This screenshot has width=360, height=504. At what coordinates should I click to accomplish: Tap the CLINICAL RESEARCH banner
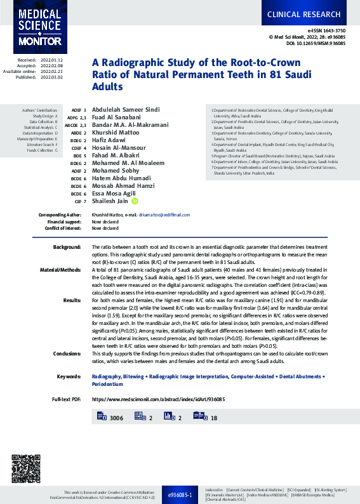click(310, 13)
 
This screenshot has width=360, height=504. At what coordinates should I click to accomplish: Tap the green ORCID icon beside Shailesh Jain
click(135, 201)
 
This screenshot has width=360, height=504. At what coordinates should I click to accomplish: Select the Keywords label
click(69, 376)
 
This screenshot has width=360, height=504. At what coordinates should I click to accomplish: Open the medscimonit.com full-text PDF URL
click(159, 400)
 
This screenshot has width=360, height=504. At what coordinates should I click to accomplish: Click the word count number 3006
click(116, 418)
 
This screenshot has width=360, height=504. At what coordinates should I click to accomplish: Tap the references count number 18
click(214, 418)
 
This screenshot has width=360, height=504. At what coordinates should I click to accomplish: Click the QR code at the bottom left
click(26, 468)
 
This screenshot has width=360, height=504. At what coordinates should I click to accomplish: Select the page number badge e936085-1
click(180, 494)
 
